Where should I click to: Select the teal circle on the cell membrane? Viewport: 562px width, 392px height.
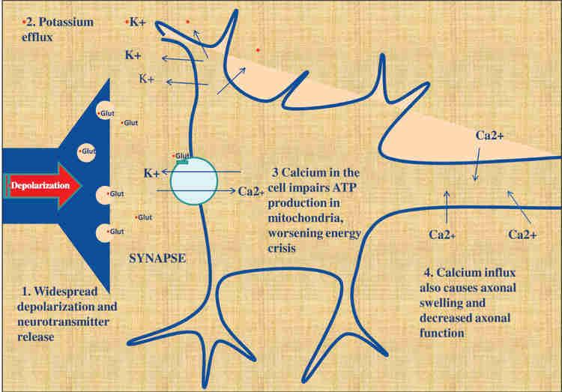[x=193, y=181]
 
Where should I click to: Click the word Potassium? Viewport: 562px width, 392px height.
[x=68, y=22]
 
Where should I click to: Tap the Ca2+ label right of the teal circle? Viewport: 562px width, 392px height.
[x=253, y=191]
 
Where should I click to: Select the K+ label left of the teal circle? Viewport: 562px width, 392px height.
[x=151, y=173]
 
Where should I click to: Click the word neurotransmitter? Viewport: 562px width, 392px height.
[x=64, y=322]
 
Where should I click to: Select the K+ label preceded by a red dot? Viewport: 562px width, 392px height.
[x=137, y=22]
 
